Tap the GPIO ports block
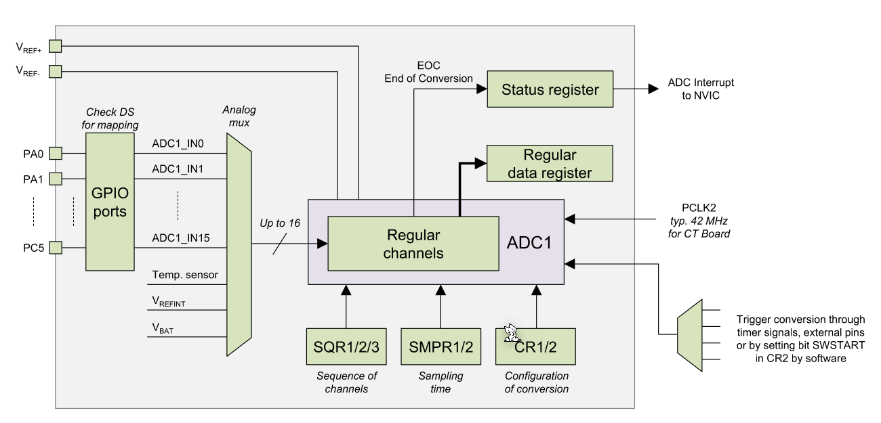110,201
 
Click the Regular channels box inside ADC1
413,244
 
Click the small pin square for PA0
56,152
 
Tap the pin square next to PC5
56,248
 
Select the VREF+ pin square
56,46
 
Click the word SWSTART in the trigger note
822,346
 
